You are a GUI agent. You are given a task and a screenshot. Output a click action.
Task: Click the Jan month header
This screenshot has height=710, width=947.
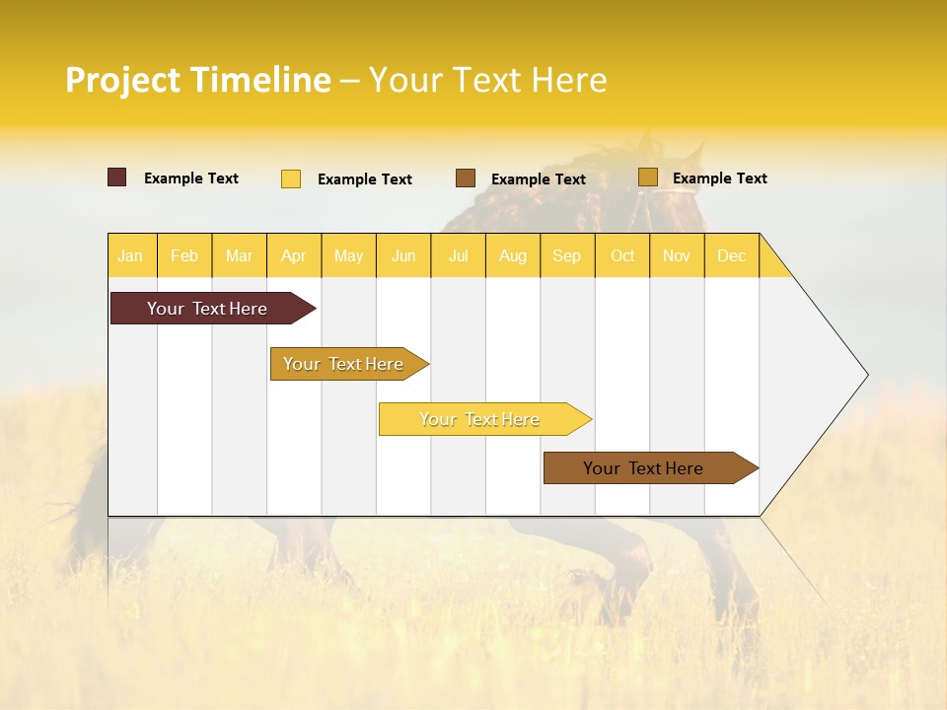click(130, 255)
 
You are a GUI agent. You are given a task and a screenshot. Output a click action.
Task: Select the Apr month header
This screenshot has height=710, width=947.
click(293, 255)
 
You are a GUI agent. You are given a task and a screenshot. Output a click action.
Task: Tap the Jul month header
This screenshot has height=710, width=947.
click(458, 255)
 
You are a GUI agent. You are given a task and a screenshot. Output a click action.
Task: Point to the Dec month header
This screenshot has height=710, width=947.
click(731, 255)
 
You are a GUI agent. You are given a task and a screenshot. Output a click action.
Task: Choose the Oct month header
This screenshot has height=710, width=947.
click(622, 255)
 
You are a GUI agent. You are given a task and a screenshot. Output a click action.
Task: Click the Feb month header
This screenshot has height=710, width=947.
click(184, 255)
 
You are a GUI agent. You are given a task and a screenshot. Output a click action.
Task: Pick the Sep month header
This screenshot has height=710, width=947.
click(566, 255)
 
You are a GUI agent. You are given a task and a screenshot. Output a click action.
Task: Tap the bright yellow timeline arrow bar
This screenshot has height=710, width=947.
click(480, 419)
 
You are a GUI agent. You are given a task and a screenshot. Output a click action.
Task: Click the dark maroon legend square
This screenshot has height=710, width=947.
click(117, 177)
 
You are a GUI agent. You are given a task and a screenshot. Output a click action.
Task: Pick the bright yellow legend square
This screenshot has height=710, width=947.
click(291, 178)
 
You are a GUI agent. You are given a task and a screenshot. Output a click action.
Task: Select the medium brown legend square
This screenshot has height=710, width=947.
click(466, 178)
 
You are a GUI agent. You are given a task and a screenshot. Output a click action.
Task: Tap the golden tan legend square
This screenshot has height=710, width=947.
click(648, 177)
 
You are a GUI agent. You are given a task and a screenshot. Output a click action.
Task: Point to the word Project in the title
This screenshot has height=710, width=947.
click(123, 80)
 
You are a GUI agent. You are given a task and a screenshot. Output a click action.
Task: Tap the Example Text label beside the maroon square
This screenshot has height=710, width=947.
click(191, 178)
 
